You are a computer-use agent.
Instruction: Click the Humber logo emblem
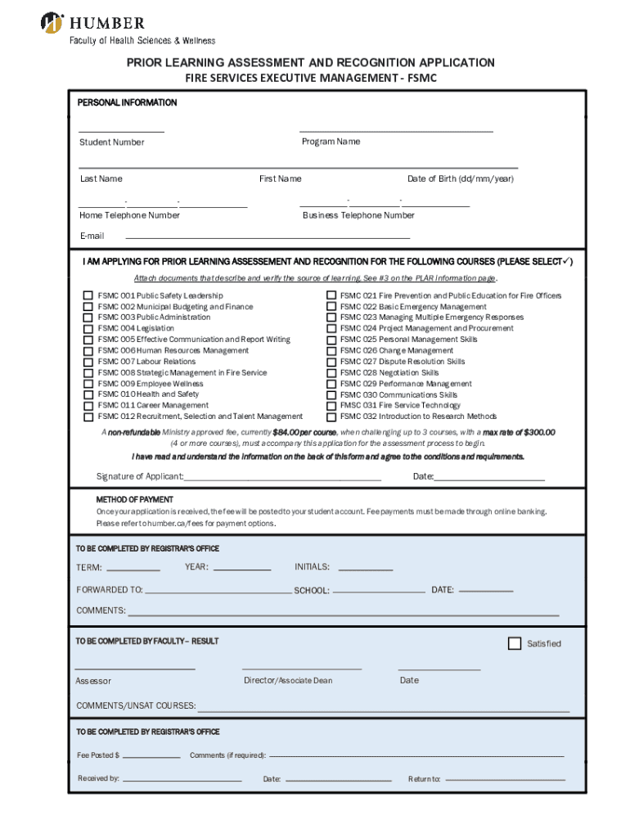point(52,22)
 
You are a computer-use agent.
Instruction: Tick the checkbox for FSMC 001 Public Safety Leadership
point(88,295)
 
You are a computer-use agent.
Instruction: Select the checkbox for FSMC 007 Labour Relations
point(88,362)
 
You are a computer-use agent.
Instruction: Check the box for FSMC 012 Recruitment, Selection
point(88,417)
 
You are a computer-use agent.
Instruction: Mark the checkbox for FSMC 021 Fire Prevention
point(331,295)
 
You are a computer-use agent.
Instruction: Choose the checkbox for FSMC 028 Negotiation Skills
point(331,372)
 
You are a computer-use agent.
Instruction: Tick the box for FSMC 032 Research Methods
point(331,417)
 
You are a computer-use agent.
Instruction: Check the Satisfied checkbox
point(515,643)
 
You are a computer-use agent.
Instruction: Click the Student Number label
point(112,142)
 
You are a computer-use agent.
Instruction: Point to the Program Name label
point(331,142)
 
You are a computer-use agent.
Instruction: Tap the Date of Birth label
point(461,178)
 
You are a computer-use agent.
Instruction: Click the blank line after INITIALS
point(365,569)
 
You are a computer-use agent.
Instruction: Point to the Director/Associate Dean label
point(288,680)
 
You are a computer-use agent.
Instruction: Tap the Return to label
point(425,779)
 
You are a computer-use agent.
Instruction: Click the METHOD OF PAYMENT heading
point(134,499)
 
